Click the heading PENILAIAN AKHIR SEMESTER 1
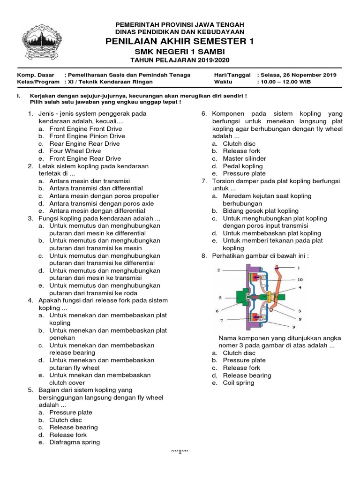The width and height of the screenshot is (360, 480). click(180, 42)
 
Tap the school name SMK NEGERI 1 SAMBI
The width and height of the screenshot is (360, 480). click(180, 51)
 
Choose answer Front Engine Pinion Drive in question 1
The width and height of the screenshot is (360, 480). click(87, 136)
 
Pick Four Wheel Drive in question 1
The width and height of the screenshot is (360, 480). click(75, 151)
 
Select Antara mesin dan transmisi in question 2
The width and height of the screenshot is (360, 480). click(90, 181)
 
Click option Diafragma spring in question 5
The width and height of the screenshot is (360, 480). click(75, 442)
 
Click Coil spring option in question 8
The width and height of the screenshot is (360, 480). click(239, 382)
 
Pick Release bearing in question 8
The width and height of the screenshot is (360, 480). click(247, 375)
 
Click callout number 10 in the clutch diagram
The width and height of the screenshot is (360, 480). click(300, 279)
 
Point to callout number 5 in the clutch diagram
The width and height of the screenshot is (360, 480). click(219, 297)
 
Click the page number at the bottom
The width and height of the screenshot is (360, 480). click(180, 451)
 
